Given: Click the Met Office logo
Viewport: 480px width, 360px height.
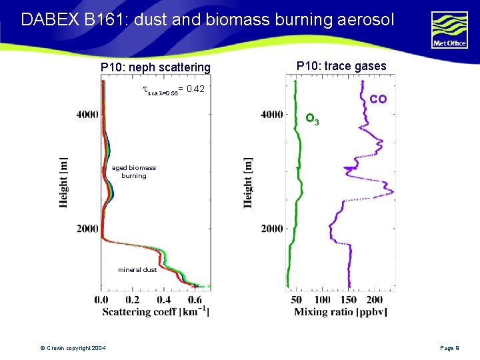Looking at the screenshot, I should pos(450,30).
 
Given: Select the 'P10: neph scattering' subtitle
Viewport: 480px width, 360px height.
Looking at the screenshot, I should pos(155,67).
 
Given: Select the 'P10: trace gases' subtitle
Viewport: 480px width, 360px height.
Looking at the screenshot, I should pos(341,66).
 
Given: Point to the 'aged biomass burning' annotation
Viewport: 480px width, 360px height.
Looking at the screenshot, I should pos(133,172).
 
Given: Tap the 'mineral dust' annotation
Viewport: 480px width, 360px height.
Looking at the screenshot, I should pos(137,270).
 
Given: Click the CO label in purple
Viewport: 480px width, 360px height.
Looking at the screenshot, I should pos(378,99).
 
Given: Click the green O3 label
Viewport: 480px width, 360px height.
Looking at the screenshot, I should pos(312,120).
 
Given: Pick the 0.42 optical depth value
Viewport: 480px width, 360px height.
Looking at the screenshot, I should pos(195,89).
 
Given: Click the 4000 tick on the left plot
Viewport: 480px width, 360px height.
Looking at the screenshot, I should pos(87,115).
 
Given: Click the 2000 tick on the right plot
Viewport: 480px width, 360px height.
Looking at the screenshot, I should pos(272,229).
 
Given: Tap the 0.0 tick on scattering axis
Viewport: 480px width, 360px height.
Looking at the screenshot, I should pos(101,300).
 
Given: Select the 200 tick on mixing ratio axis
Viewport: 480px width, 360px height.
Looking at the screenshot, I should pos(385,300).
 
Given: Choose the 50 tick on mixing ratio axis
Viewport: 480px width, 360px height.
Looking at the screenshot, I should pos(297,300).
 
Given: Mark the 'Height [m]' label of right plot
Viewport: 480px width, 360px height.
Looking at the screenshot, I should pos(248,182).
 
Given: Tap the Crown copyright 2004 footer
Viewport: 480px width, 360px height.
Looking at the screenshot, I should pos(72,349).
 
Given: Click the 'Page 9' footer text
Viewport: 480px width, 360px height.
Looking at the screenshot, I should pos(455,349).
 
